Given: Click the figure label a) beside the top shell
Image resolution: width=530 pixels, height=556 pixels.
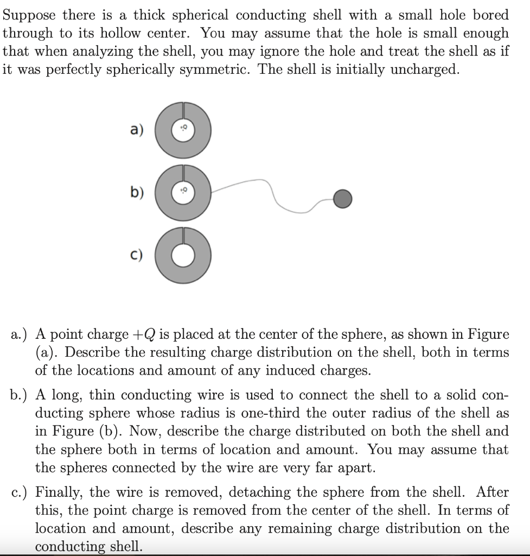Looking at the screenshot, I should [136, 131].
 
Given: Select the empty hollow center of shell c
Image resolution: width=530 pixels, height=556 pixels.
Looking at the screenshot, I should [183, 257].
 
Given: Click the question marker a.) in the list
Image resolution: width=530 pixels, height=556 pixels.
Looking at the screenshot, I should [20, 334].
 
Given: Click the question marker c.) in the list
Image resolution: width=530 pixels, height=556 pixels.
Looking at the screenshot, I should [20, 492].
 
